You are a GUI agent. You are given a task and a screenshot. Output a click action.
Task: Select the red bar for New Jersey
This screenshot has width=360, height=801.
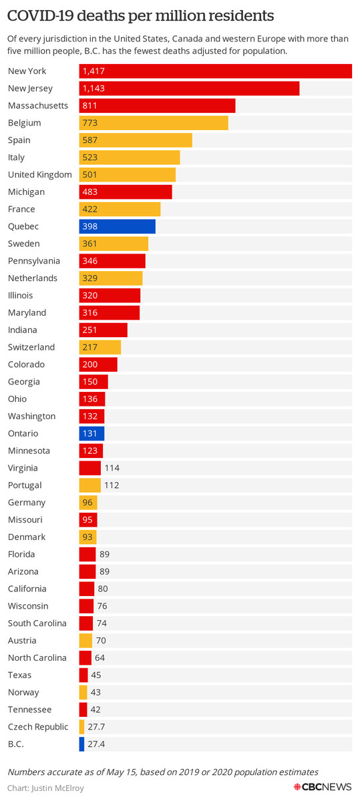click(x=189, y=88)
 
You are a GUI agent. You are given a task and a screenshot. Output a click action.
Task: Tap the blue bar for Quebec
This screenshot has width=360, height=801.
click(x=117, y=226)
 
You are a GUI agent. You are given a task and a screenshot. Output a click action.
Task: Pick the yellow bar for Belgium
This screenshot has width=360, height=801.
click(x=154, y=123)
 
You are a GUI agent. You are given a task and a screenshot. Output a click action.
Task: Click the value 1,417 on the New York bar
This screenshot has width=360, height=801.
click(x=93, y=71)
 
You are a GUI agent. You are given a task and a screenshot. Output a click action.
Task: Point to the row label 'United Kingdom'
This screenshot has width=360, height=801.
click(x=39, y=175)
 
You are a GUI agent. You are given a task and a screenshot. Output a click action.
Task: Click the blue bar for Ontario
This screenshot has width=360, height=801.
click(x=92, y=433)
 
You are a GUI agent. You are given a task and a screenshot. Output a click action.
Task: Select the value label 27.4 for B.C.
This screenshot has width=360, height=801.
click(x=98, y=744)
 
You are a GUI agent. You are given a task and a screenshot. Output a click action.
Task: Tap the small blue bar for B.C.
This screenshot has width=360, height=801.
click(x=81, y=744)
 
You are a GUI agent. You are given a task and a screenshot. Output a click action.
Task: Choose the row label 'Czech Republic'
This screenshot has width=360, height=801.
click(x=37, y=727)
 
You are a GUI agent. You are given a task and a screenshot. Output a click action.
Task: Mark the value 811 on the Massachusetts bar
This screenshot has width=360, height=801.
click(x=89, y=105)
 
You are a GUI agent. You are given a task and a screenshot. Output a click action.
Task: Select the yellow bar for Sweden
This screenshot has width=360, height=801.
click(x=114, y=244)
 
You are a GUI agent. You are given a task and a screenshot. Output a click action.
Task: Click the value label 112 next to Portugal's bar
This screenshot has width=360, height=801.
click(x=112, y=485)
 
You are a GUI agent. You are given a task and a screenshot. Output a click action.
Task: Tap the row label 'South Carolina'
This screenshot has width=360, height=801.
click(x=37, y=623)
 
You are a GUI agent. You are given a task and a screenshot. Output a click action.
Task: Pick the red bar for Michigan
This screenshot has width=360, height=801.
click(x=126, y=192)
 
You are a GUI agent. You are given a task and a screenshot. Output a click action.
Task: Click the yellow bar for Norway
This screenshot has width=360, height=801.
click(x=83, y=692)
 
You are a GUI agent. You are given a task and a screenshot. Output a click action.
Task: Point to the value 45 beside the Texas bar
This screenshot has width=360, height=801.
click(x=96, y=675)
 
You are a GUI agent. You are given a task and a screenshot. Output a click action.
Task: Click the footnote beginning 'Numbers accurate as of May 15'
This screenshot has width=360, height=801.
click(x=163, y=772)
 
